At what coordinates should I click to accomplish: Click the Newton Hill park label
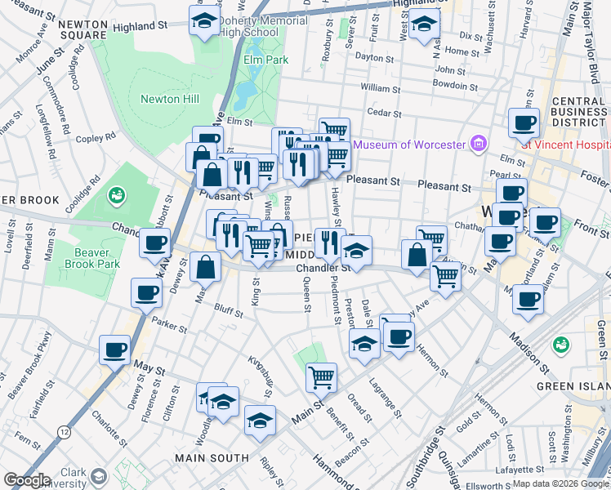(169, 99)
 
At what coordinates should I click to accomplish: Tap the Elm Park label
(265, 60)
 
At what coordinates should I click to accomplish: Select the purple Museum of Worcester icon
(479, 145)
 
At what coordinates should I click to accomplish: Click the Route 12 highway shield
(64, 430)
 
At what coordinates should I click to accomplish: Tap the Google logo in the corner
(26, 480)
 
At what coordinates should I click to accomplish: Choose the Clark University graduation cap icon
(99, 475)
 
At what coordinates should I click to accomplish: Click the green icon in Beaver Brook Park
(117, 195)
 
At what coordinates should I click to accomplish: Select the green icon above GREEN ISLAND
(560, 345)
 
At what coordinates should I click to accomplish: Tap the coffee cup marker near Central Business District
(524, 123)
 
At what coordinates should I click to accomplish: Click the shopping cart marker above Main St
(322, 377)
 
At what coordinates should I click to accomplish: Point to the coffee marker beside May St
(114, 350)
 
